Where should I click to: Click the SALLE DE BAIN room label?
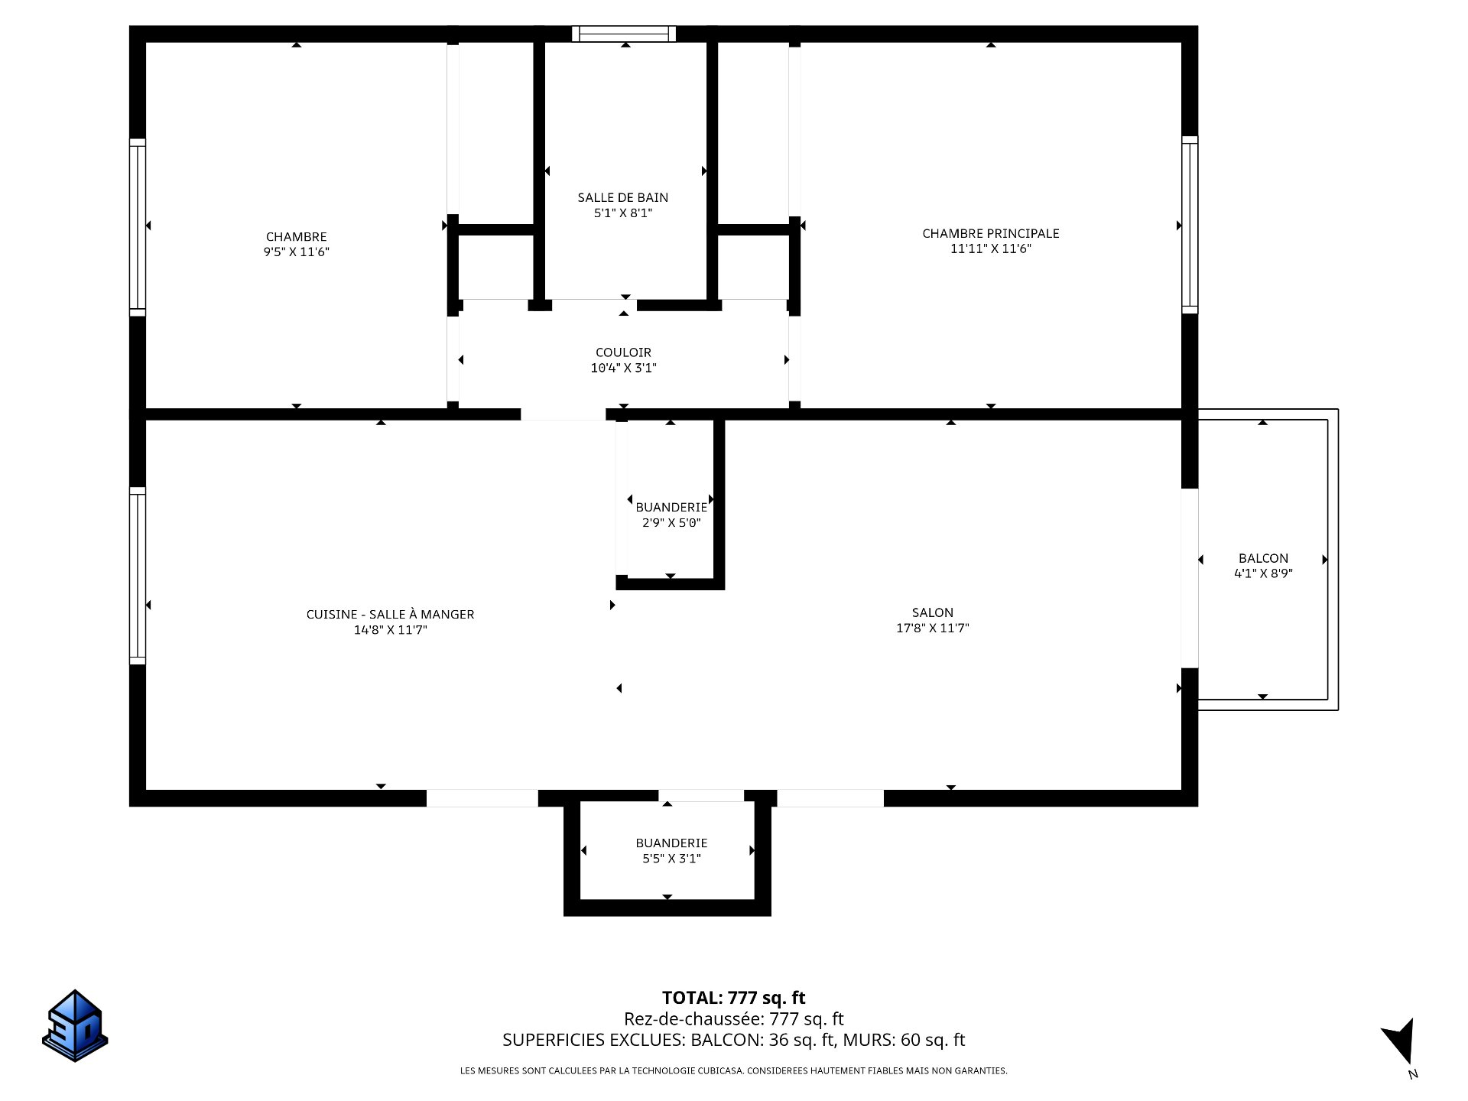(622, 197)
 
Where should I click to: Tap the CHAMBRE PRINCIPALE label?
(990, 233)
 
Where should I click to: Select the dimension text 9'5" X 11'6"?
(296, 252)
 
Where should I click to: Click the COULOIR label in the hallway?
(623, 352)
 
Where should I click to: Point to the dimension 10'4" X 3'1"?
(623, 368)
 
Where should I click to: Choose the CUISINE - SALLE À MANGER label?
(390, 614)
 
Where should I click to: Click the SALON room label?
(932, 612)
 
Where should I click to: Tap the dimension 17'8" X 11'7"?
(932, 628)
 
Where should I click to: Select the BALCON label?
(1263, 558)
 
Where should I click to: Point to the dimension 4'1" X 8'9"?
(1263, 573)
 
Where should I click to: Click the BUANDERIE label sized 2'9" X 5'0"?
(671, 507)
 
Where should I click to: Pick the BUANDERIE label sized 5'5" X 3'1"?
(671, 843)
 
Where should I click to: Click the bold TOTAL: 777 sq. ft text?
(733, 998)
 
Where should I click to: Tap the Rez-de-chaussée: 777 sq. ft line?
(733, 1018)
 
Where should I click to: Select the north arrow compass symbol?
(1401, 1045)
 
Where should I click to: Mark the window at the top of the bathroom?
(624, 34)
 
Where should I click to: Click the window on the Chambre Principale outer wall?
(1190, 225)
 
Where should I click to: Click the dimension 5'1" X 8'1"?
(623, 213)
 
